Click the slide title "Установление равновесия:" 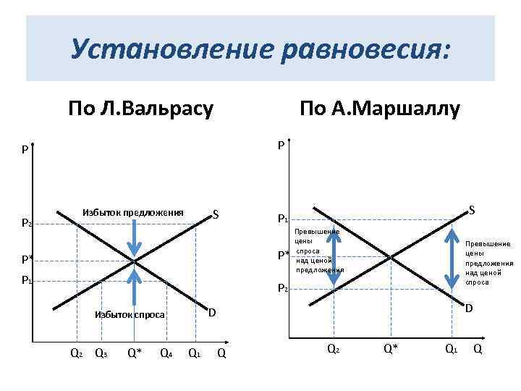[260, 50]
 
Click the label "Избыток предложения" [133, 212]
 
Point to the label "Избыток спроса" [130, 315]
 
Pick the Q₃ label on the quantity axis [101, 353]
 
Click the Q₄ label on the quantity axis [166, 353]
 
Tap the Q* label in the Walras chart [134, 353]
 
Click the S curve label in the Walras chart [216, 214]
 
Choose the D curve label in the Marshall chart [469, 309]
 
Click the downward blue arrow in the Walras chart [135, 235]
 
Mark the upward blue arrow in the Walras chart [135, 285]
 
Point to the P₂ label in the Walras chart [26, 224]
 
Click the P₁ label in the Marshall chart [283, 219]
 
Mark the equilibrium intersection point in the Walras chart [135, 260]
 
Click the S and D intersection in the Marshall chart [391, 256]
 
